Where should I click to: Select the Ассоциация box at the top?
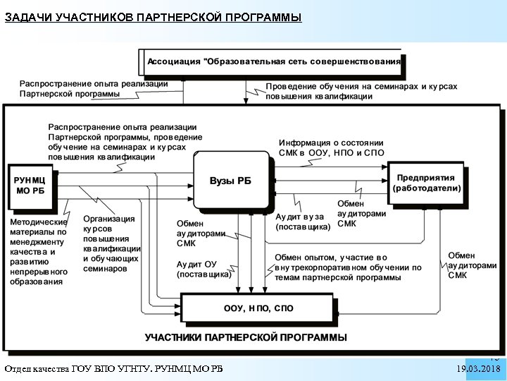pyautogui.click(x=273, y=61)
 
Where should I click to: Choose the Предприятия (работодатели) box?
pyautogui.click(x=427, y=183)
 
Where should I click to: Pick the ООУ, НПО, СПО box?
pyautogui.click(x=258, y=308)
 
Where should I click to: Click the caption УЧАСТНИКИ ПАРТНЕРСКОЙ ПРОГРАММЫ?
pyautogui.click(x=246, y=337)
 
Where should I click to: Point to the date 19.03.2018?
pyautogui.click(x=478, y=369)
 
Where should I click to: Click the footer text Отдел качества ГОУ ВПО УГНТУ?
pyautogui.click(x=113, y=369)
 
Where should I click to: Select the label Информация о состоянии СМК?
pyautogui.click(x=331, y=147)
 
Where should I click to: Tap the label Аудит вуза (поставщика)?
pyautogui.click(x=302, y=222)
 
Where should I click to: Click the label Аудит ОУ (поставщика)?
pyautogui.click(x=204, y=269)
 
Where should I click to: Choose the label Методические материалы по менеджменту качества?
pyautogui.click(x=39, y=251)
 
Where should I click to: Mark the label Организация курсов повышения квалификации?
pyautogui.click(x=111, y=243)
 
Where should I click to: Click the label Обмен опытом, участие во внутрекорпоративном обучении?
pyautogui.click(x=348, y=267)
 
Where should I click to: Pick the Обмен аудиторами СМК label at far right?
pyautogui.click(x=472, y=265)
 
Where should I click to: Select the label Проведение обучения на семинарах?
pyautogui.click(x=361, y=91)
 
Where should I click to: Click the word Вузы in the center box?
pyautogui.click(x=220, y=181)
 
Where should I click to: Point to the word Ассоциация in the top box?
pyautogui.click(x=173, y=61)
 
